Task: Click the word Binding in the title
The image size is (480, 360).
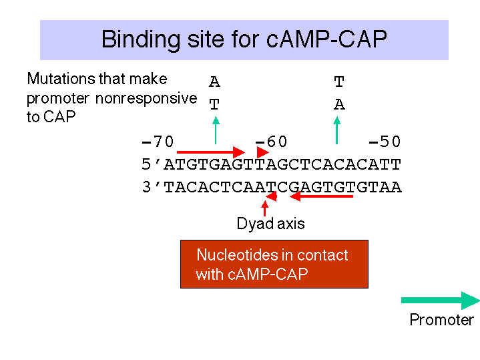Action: pos(141,40)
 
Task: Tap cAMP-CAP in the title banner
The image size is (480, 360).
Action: pos(326,39)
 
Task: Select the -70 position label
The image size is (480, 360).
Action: pos(158,142)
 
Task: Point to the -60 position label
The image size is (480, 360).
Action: pos(271,142)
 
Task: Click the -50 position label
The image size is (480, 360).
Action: pos(385,142)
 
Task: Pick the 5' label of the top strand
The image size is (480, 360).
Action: pos(152,164)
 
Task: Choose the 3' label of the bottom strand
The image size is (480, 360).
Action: pos(152,186)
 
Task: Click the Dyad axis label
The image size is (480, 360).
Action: pos(270,223)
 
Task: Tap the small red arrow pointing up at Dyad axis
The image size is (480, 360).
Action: pos(265,208)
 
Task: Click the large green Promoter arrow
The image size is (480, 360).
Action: pos(440,301)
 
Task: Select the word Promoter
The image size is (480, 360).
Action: pos(442,319)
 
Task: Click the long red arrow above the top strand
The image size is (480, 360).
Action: pos(211,152)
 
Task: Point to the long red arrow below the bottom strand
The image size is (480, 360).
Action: pos(321,196)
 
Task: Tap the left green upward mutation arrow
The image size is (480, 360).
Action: pos(216,130)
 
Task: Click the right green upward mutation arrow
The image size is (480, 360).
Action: pos(336,130)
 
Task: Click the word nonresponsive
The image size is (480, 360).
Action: pos(146,98)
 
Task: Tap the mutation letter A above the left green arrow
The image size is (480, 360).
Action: pos(214,81)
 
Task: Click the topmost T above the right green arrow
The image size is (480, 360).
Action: pos(339,81)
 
